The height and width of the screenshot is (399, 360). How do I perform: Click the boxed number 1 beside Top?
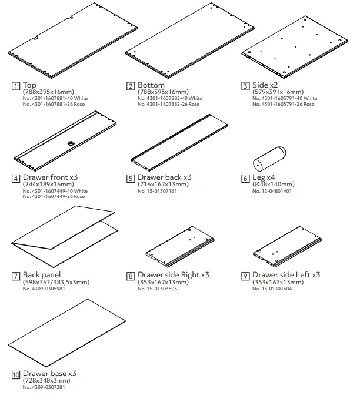tap(15, 86)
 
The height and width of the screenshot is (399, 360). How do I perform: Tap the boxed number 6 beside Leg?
tap(246, 177)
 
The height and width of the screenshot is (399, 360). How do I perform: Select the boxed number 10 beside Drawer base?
tap(15, 374)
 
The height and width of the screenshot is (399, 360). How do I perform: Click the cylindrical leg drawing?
tap(269, 157)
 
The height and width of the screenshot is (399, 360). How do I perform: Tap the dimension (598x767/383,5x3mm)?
tap(56, 282)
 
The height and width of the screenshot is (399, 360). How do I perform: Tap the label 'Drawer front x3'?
tap(50, 177)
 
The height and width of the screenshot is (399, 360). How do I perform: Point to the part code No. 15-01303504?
tap(276, 288)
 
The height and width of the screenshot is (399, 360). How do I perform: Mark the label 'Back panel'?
tap(42, 275)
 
